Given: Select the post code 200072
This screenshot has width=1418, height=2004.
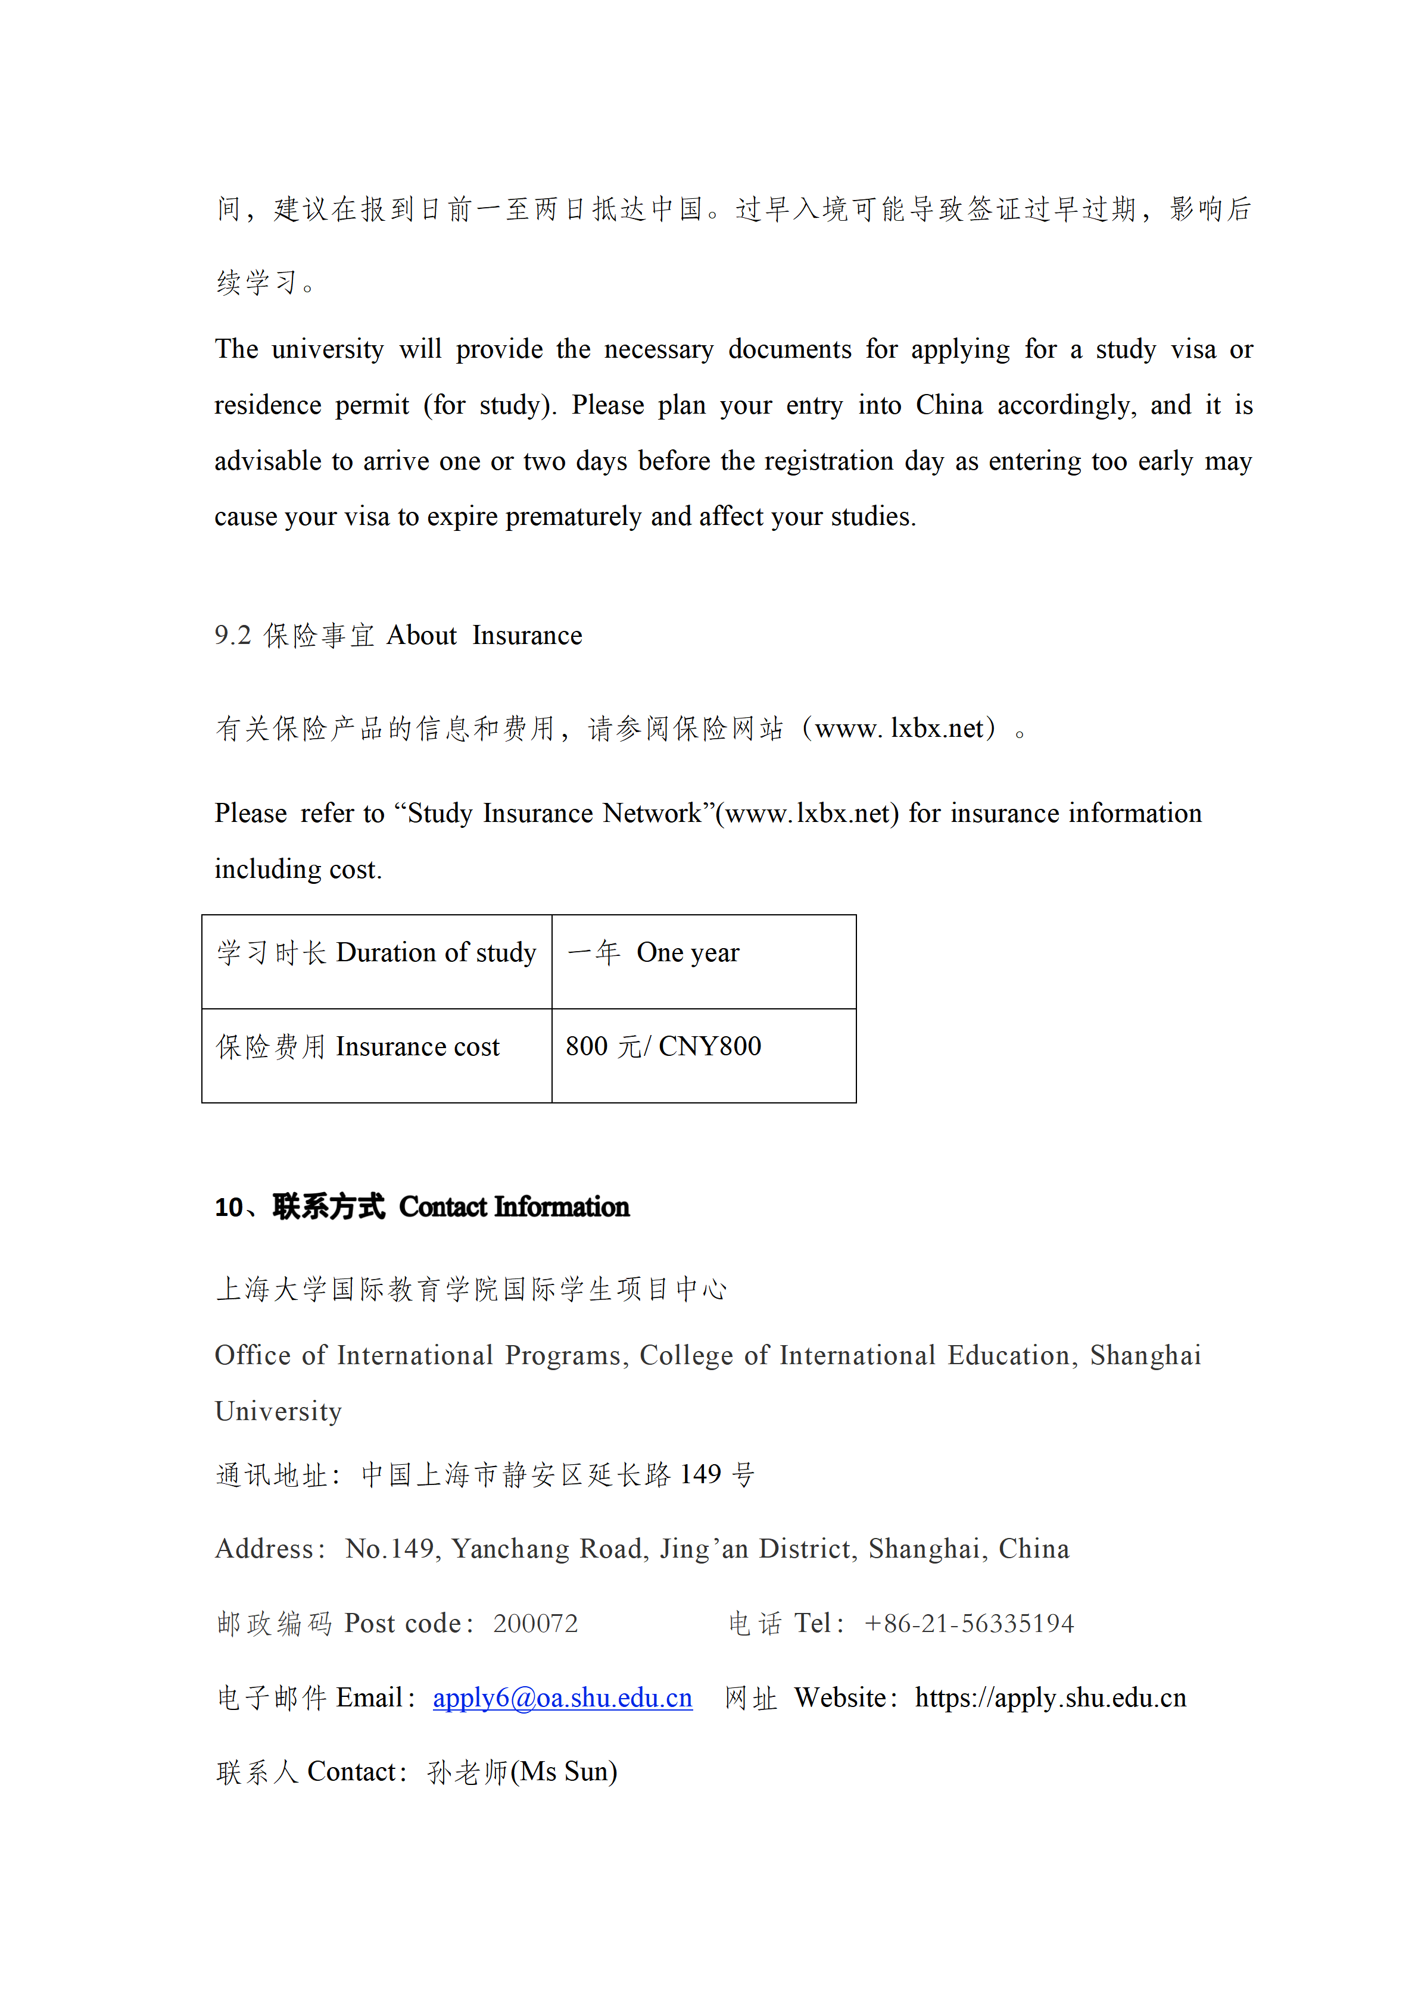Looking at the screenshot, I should [x=535, y=1624].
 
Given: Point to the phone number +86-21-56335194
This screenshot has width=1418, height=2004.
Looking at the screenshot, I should [x=969, y=1624].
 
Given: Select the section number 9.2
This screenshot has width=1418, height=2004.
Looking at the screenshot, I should [x=232, y=636].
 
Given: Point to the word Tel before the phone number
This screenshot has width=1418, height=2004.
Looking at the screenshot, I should [x=812, y=1624].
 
